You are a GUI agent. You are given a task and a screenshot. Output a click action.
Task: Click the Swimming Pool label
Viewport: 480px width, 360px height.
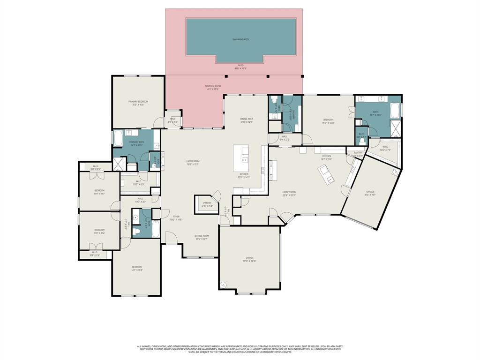[241, 39]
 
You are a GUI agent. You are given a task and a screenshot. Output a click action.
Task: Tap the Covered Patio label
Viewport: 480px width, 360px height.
[213, 87]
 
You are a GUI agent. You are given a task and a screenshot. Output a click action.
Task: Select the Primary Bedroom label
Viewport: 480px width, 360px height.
[138, 103]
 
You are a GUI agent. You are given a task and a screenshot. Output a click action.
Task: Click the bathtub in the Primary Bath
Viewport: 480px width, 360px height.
[118, 139]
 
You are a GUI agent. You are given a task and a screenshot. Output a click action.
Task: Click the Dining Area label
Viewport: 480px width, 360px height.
[247, 120]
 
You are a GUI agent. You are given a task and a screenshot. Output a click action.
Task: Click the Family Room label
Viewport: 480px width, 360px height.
[289, 193]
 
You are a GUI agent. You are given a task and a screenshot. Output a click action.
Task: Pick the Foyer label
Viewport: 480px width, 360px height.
[176, 217]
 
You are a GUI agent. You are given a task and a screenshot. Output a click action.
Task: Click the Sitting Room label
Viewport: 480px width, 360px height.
[202, 237]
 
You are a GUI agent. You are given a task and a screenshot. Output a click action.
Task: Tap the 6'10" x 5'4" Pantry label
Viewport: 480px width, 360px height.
[207, 204]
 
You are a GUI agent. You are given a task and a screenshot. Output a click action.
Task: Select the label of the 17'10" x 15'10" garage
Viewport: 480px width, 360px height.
[249, 259]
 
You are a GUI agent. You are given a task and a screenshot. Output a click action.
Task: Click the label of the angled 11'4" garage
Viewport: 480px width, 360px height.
[370, 193]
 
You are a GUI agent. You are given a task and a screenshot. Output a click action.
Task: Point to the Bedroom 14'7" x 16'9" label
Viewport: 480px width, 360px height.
[137, 268]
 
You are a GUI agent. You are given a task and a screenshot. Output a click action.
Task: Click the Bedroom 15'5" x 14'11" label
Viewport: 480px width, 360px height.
[328, 121]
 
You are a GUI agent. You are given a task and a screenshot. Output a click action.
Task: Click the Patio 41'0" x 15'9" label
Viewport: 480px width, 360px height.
[240, 67]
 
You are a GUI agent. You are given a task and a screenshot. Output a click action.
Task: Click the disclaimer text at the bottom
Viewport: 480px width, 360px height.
[240, 349]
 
